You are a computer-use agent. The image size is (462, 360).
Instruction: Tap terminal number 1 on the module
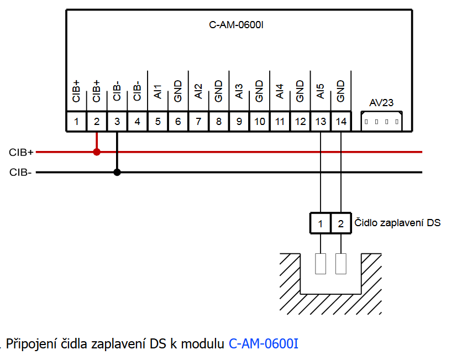(x=76, y=121)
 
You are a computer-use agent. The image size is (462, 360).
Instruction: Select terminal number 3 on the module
(x=117, y=121)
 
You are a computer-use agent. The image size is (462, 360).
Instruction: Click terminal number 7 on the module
(x=198, y=121)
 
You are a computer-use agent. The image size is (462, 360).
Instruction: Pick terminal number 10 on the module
(x=259, y=121)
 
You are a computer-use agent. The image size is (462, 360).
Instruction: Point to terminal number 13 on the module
(x=321, y=121)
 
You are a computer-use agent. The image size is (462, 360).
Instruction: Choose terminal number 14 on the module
(x=341, y=121)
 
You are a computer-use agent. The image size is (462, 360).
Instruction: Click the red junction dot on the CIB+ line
(x=97, y=152)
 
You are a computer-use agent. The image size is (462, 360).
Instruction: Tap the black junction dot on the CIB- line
(x=117, y=172)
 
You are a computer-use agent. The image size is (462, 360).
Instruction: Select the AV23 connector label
(x=381, y=102)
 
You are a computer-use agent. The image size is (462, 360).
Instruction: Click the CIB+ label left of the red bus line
(x=22, y=152)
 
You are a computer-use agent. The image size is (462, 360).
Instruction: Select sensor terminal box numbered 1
(x=321, y=223)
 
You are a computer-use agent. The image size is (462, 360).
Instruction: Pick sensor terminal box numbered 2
(x=341, y=223)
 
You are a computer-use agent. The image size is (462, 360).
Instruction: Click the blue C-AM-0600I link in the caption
(x=264, y=343)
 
